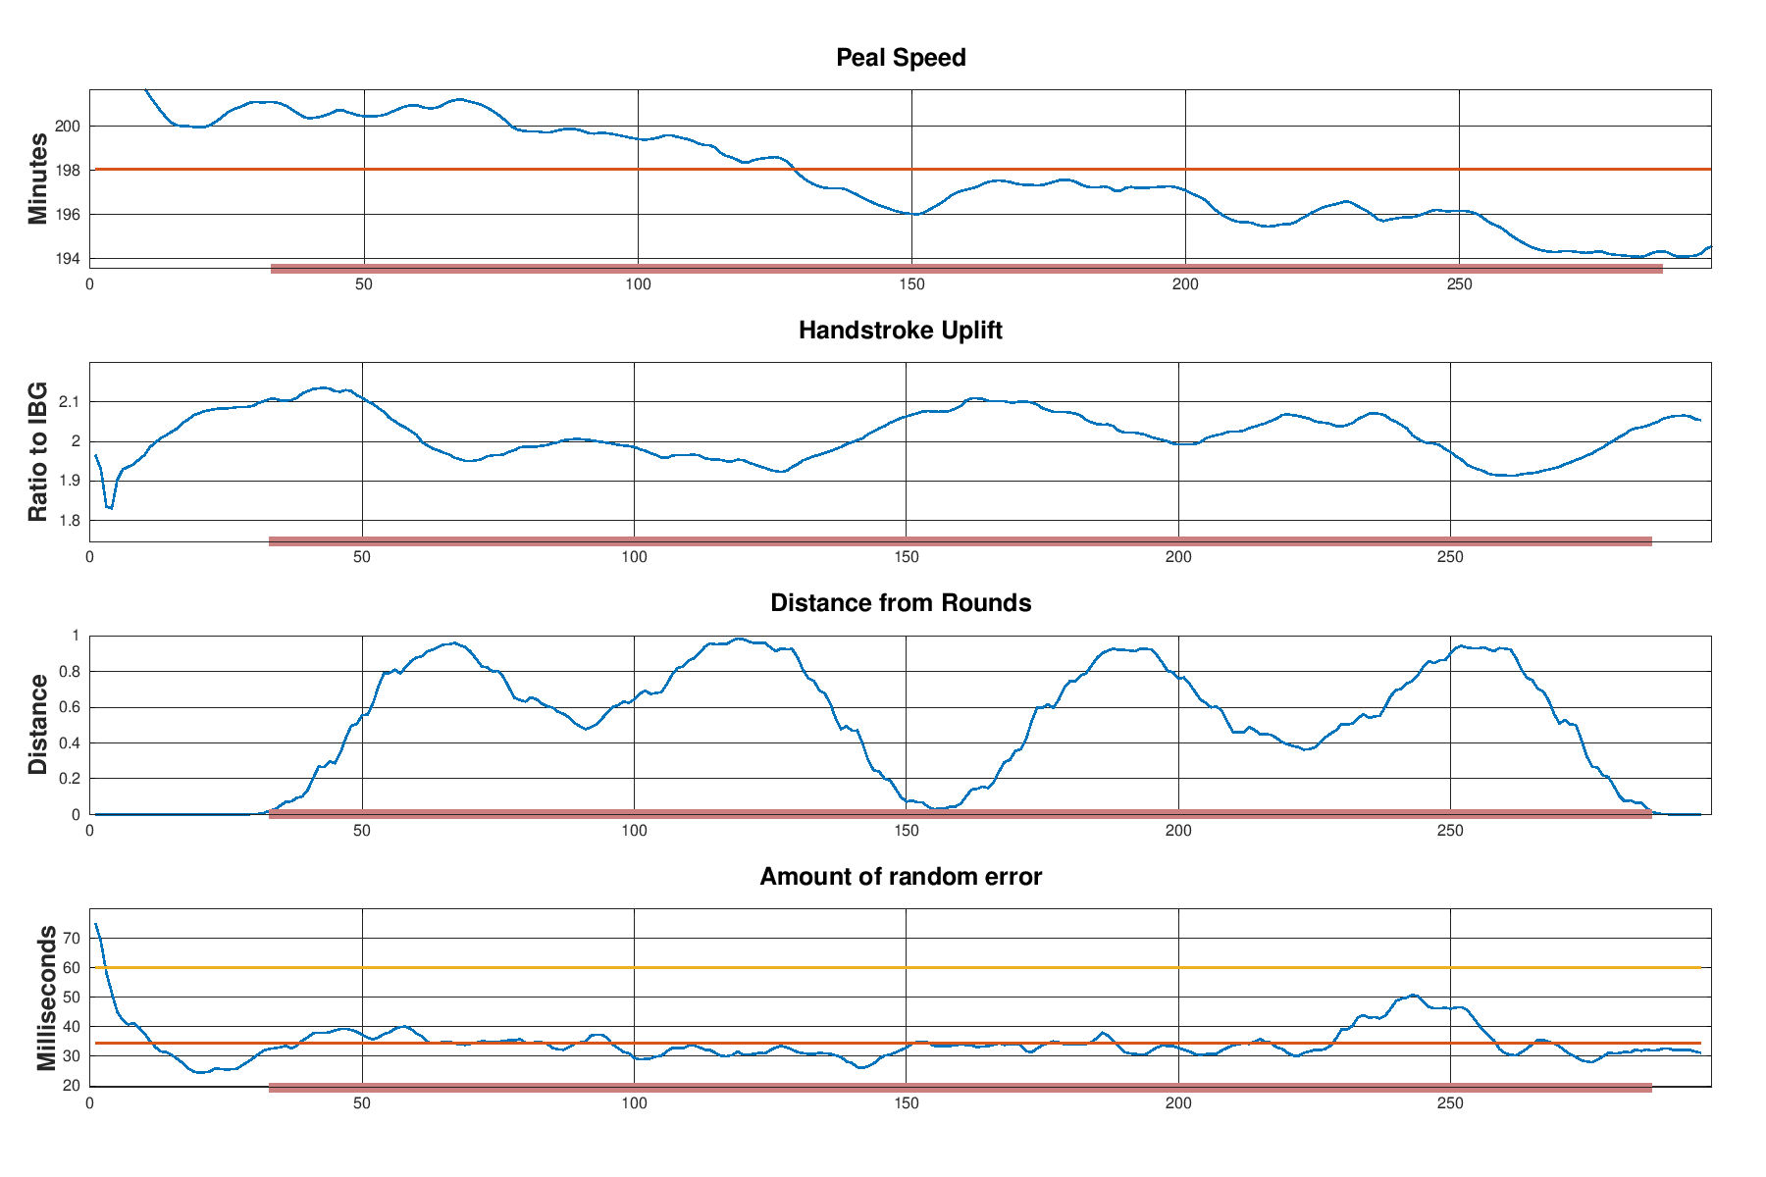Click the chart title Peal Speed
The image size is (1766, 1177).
tap(901, 58)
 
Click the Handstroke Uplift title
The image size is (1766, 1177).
tap(901, 331)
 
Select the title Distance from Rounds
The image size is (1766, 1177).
tap(901, 603)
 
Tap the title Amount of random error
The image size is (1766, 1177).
tap(901, 877)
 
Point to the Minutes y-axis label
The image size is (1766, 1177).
tap(38, 179)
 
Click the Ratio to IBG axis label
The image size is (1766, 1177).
tap(38, 451)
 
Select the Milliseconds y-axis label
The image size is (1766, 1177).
tap(45, 998)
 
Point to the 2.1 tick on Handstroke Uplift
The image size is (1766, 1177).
tap(71, 402)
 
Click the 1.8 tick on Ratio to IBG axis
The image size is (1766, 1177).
tap(71, 521)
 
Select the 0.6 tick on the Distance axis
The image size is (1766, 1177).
tap(71, 707)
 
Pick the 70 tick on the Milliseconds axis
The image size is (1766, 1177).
tap(71, 939)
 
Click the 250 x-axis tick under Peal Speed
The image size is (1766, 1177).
tap(1459, 284)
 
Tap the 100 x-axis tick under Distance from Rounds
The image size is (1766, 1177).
tap(635, 830)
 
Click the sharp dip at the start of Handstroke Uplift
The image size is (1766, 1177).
tap(109, 507)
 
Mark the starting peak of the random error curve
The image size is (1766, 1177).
tap(96, 925)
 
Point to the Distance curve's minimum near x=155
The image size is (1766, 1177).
tap(937, 808)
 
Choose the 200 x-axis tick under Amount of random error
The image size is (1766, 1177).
tap(1178, 1103)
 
